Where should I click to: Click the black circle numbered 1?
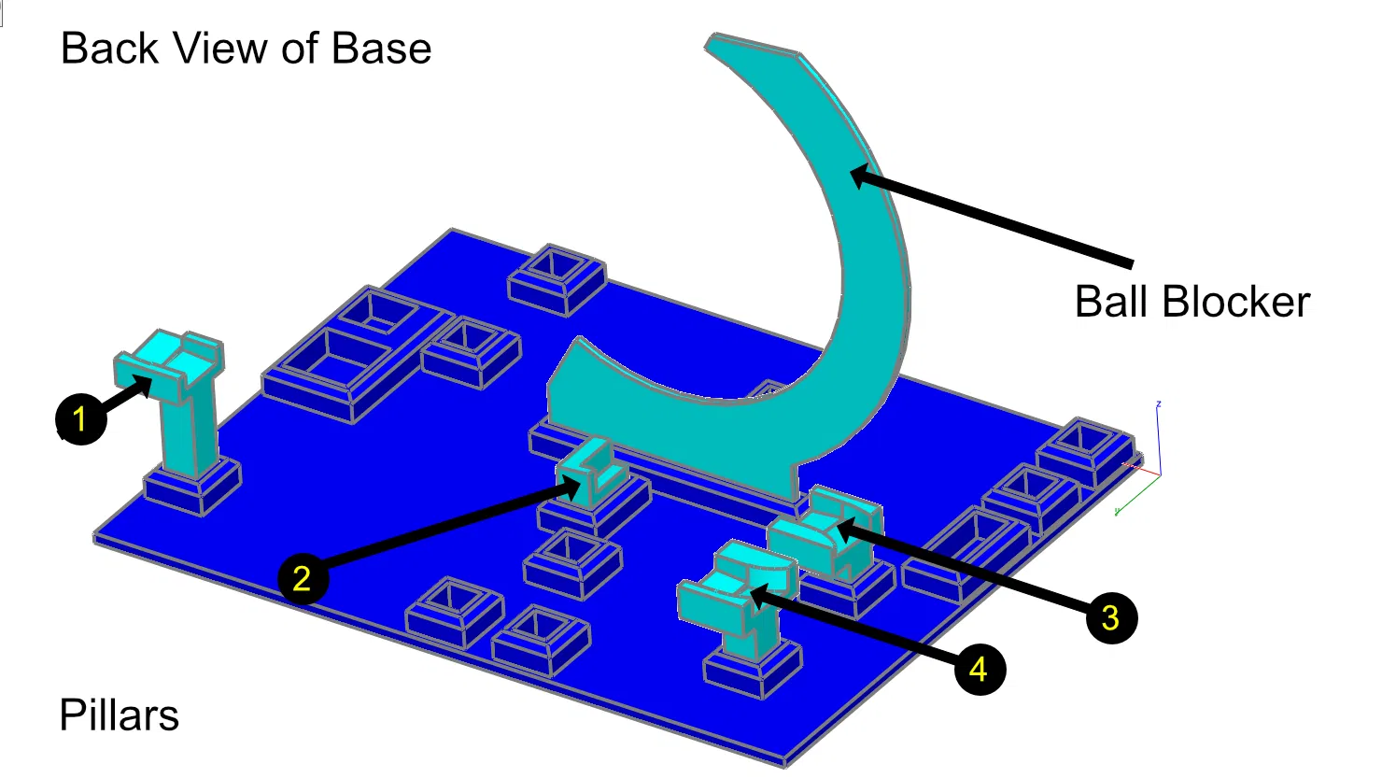click(x=81, y=419)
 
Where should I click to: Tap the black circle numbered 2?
click(x=303, y=579)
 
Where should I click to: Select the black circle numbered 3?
click(x=1111, y=617)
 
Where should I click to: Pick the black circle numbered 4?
click(x=980, y=670)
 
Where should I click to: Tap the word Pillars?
click(x=120, y=715)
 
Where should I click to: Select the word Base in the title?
click(x=381, y=49)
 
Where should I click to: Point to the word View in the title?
click(x=221, y=49)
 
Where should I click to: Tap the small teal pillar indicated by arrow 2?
click(x=591, y=472)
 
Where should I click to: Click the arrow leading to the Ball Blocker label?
click(x=992, y=217)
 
